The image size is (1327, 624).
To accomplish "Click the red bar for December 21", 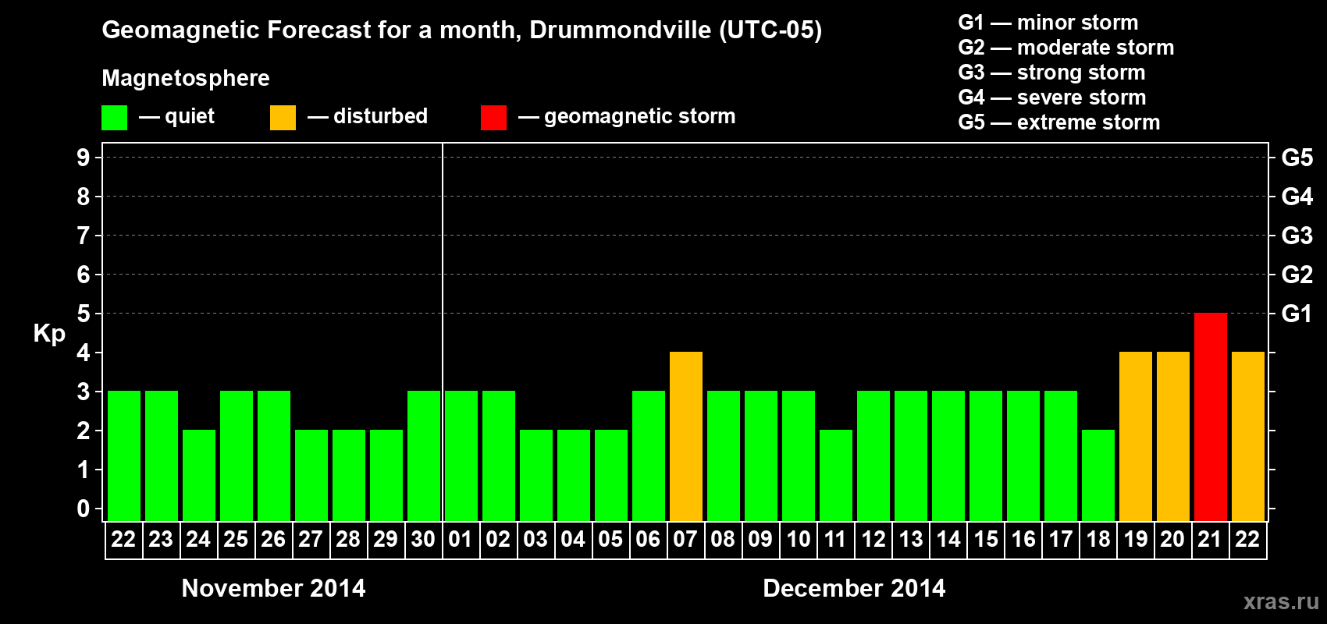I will [1210, 417].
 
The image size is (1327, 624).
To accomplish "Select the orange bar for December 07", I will [685, 437].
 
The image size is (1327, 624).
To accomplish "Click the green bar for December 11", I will [835, 476].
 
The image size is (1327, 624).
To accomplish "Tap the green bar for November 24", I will [198, 476].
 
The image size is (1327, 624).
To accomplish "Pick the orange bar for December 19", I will [1135, 437].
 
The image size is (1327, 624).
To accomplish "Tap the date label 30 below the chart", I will [423, 539].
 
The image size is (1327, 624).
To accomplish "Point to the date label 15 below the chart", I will [985, 539].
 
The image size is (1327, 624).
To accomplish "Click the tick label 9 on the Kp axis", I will [83, 158].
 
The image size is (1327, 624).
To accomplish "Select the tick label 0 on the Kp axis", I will [83, 509].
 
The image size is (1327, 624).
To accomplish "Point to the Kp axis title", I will [49, 333].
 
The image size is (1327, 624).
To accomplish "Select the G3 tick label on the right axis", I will [1297, 236].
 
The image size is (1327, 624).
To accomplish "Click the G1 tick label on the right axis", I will [1297, 314].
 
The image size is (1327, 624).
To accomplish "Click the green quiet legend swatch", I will [114, 118].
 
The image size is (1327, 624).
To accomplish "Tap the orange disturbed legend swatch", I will [283, 118].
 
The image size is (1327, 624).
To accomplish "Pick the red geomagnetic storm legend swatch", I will [493, 118].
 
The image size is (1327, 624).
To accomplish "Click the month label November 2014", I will [273, 588].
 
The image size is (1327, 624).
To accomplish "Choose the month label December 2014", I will [854, 588].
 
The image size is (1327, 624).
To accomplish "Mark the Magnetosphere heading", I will [186, 78].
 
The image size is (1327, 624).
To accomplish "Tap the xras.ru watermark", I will [1280, 601].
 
